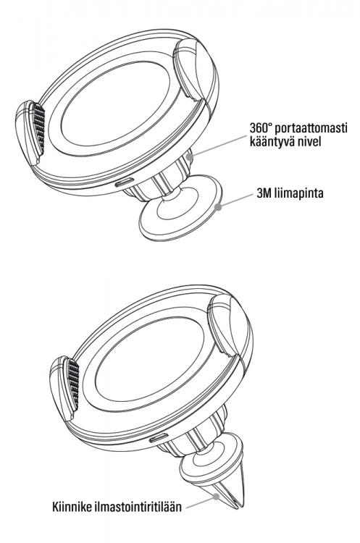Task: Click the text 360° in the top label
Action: pos(260,127)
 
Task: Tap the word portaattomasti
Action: pos(310,128)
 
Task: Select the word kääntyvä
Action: pos(270,142)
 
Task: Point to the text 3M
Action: pos(264,193)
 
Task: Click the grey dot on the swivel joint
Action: pos(190,156)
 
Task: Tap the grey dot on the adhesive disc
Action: pos(218,207)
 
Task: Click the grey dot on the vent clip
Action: pos(216,496)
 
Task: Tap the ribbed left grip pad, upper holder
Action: pos(39,129)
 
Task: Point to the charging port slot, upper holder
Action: pos(125,182)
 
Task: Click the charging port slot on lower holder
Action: pos(159,438)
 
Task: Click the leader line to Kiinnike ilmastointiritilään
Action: pos(201,502)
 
